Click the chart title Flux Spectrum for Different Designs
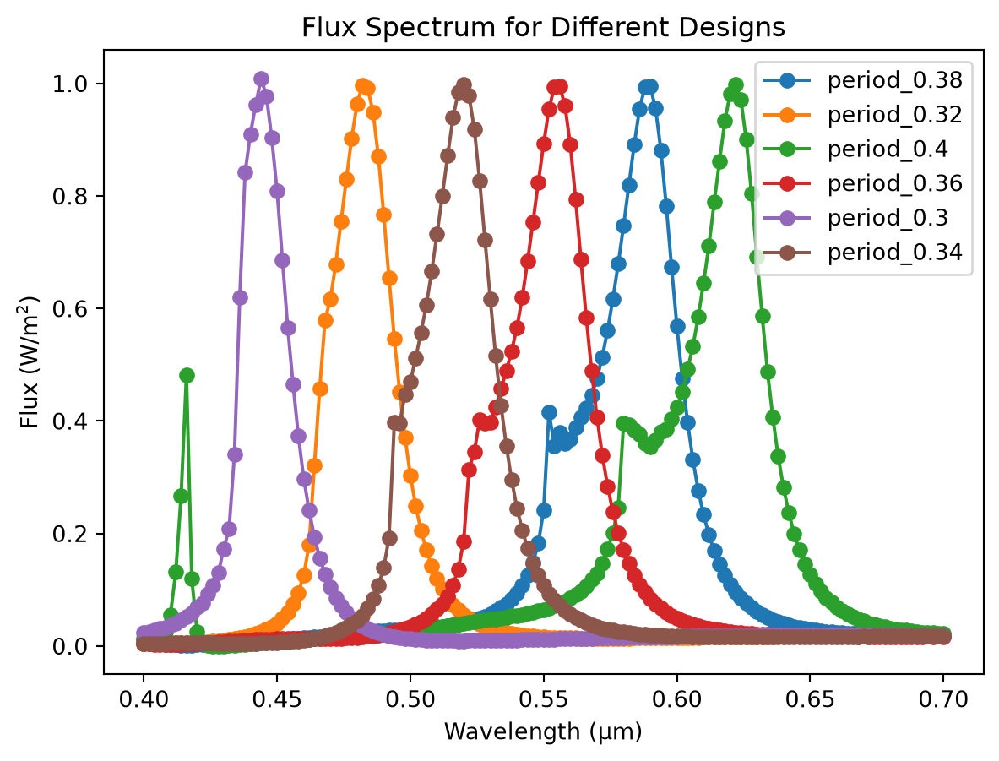[x=543, y=27]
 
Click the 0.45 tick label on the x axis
[x=276, y=699]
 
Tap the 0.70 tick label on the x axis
[x=943, y=699]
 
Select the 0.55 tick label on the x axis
[x=544, y=699]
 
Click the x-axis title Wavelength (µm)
[x=543, y=731]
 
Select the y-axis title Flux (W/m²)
[x=30, y=362]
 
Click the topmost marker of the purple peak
[x=261, y=79]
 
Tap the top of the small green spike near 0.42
[x=187, y=375]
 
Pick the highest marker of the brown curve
[x=464, y=84]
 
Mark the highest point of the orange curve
[x=362, y=86]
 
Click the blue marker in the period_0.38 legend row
[x=788, y=80]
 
